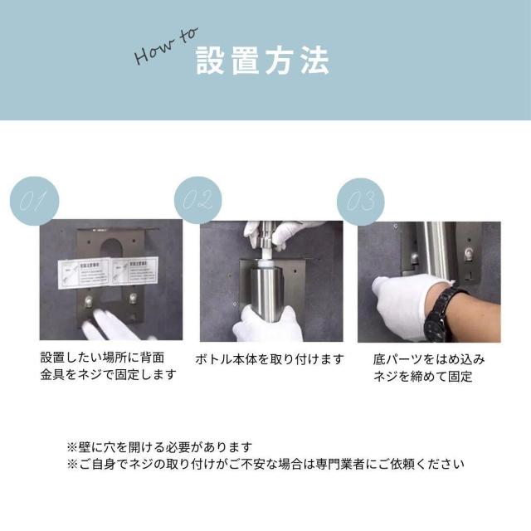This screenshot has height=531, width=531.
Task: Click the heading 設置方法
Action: (262, 62)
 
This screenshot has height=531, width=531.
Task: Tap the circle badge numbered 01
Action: (34, 202)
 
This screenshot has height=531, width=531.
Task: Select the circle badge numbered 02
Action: (198, 202)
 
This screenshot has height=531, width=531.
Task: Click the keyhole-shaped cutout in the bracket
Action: (110, 249)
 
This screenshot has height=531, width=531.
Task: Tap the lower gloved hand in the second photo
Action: (264, 324)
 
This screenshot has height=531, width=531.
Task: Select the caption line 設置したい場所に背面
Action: (102, 357)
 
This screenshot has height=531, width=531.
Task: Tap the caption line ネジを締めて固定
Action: (422, 377)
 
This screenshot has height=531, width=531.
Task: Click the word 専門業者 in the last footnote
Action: (350, 464)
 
